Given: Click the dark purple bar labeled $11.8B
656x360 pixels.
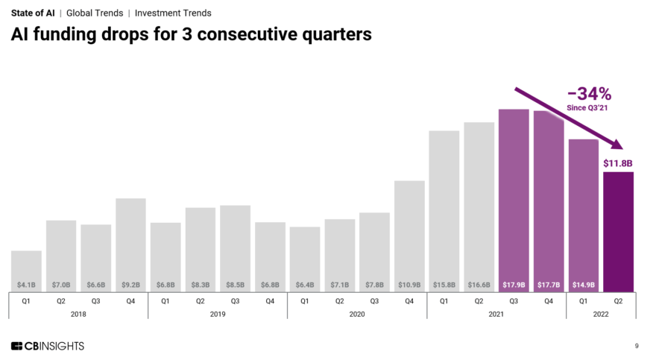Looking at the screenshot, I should pos(618,231).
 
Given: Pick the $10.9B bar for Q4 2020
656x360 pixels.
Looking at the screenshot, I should pos(409,235).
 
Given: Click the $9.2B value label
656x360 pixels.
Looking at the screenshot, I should pos(130,284).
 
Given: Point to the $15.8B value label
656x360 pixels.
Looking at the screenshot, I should pos(444,284).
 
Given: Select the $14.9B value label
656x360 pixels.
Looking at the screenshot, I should pos(583,284).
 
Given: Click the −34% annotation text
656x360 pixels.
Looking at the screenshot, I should pos(589,94).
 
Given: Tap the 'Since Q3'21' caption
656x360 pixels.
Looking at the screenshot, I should pos(589,108).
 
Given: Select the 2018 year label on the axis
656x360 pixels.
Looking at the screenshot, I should pos(78,314).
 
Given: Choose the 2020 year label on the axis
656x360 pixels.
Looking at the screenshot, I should pos(357,314).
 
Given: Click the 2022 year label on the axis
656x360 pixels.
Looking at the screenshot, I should pos(601,314).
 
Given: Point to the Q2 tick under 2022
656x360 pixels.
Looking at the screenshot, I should pos(618,301).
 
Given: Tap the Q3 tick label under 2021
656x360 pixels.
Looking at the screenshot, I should pos(514,301).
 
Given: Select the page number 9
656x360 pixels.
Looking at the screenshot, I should pos(636,346).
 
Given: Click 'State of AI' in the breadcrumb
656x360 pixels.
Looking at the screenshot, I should pos(32,13).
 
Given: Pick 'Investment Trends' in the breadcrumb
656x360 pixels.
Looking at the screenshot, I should pos(173,13).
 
